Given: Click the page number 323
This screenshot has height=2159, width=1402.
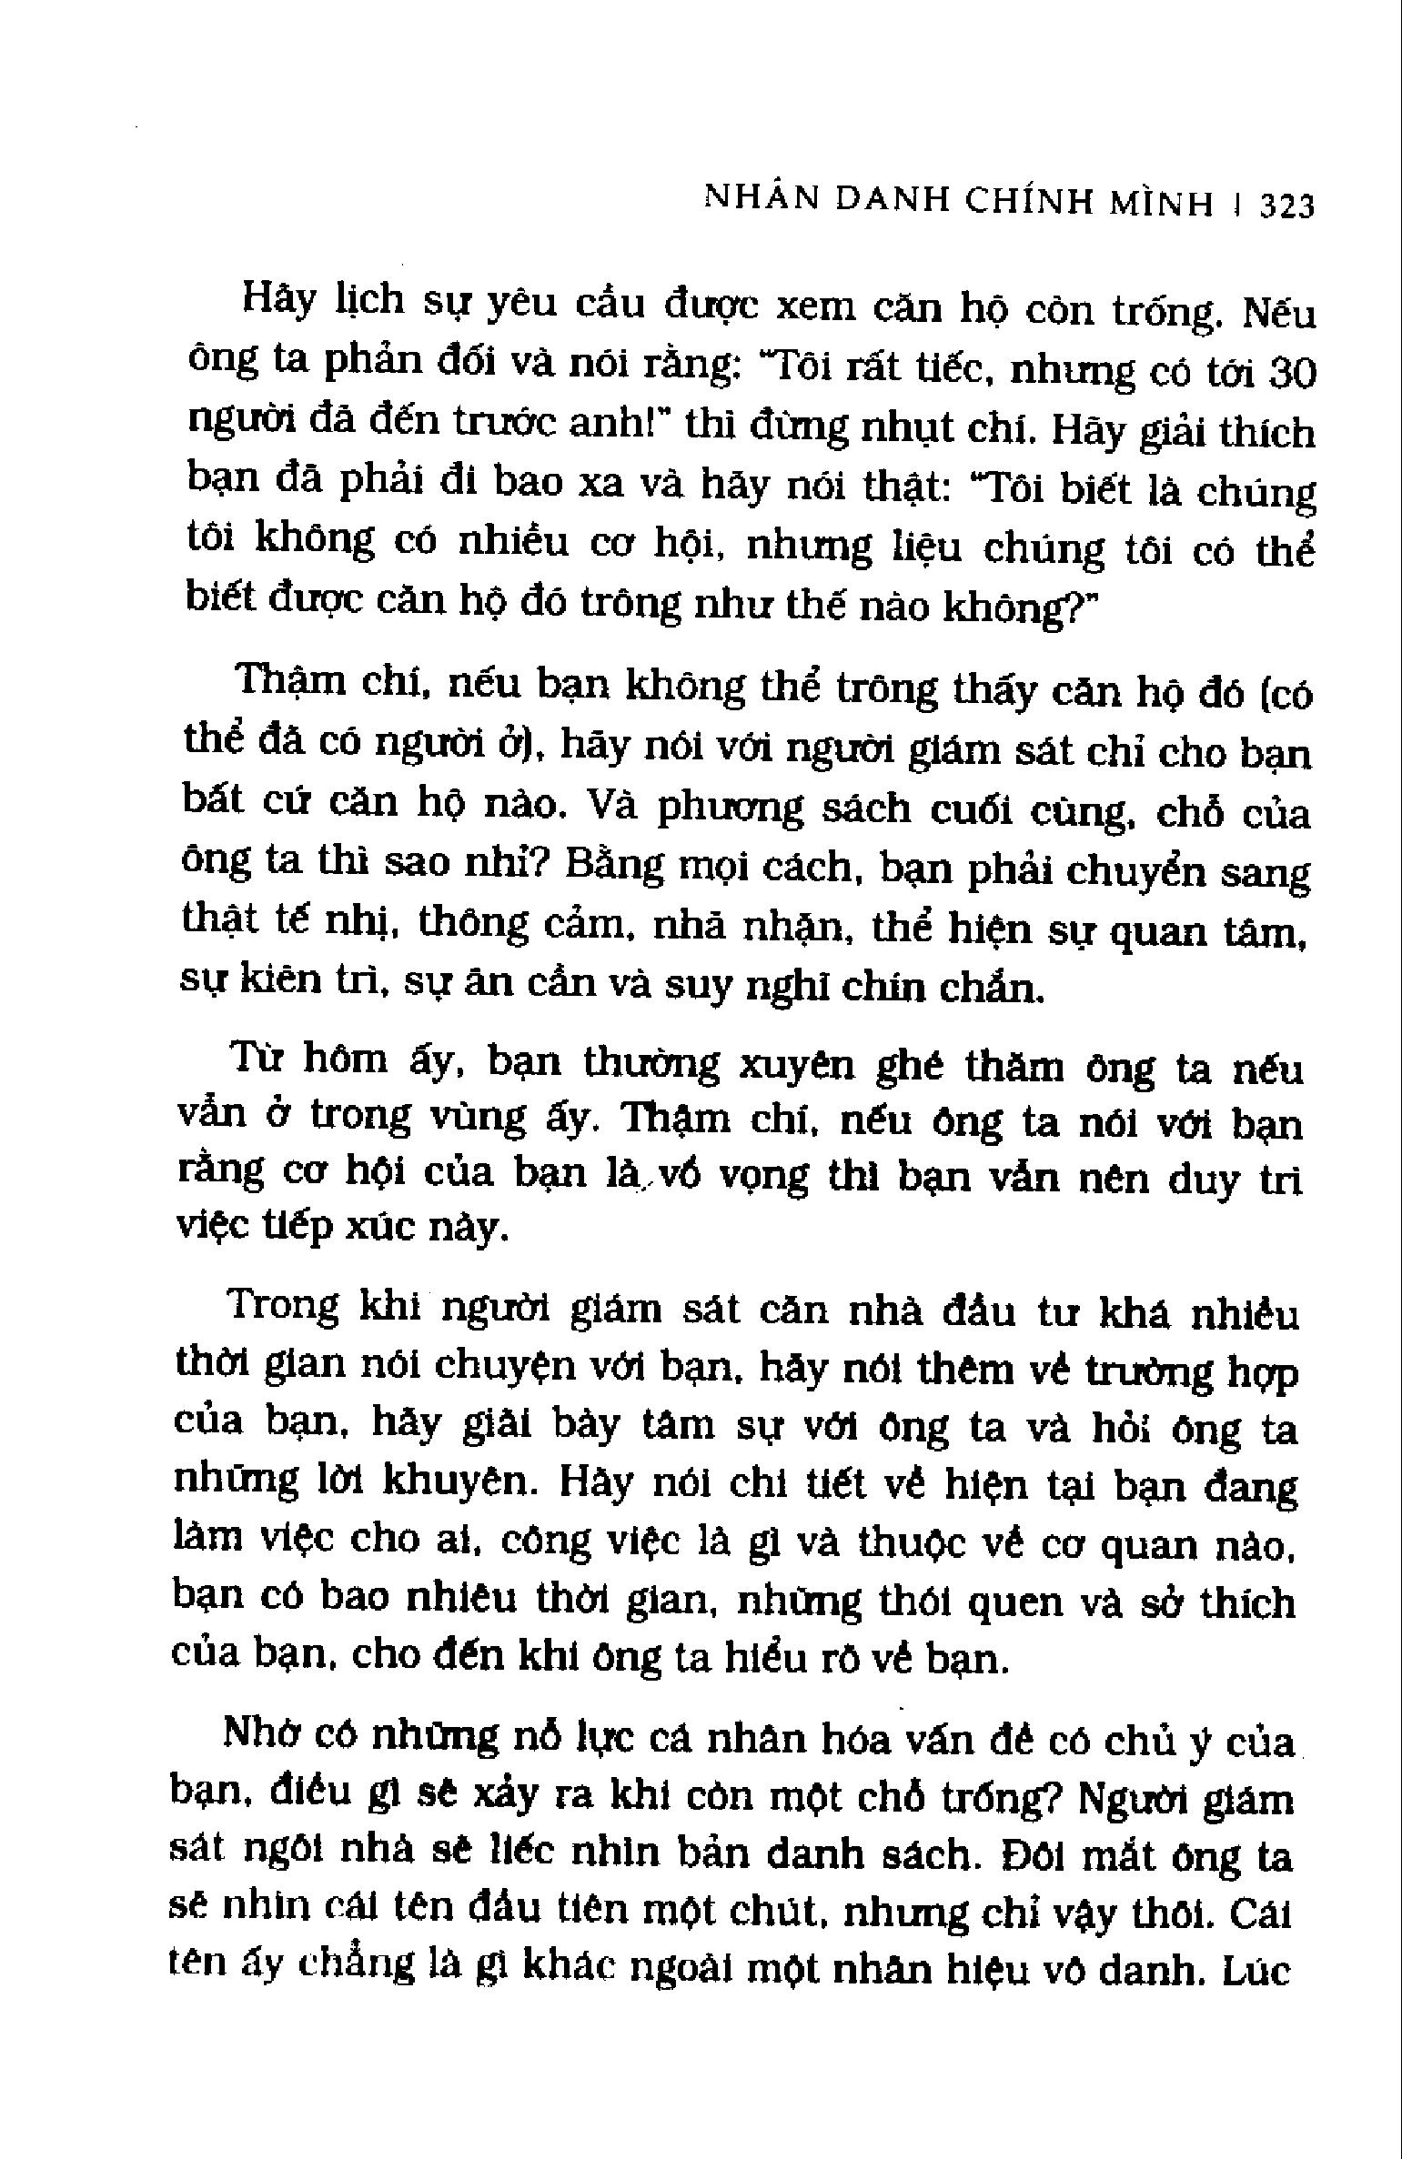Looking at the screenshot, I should click(x=1286, y=206).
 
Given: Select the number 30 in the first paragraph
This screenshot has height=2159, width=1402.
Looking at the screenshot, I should click(x=1289, y=374).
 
